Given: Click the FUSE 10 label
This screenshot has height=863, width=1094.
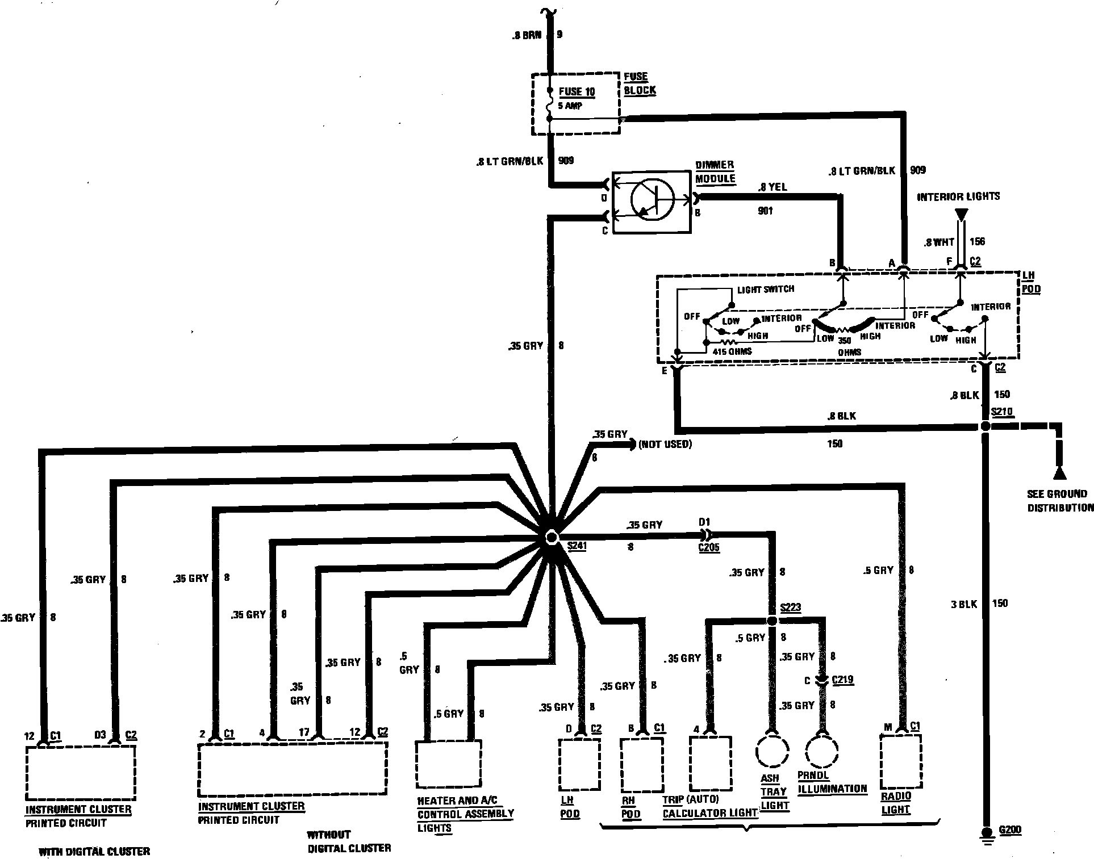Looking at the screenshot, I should click(577, 91).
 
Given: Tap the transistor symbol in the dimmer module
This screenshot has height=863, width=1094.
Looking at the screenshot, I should click(652, 200).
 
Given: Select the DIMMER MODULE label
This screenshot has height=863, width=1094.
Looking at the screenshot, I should click(715, 171).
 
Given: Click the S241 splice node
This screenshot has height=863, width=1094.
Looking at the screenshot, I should click(550, 537).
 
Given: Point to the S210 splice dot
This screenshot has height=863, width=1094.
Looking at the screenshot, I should click(985, 426).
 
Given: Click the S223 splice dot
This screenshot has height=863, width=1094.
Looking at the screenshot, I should click(771, 621).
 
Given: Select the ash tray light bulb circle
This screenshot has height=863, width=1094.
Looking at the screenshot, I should click(772, 751).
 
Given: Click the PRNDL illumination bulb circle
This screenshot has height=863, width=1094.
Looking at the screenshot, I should click(821, 751).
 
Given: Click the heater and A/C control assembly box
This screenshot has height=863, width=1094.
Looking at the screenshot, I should click(448, 764).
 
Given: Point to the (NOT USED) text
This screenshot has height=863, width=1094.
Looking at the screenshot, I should click(665, 444).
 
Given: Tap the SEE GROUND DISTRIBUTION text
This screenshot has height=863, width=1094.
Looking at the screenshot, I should click(1060, 501).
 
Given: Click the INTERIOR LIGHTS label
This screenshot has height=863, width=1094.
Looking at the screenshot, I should click(958, 196).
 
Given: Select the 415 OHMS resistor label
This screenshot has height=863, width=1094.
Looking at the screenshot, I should click(732, 351).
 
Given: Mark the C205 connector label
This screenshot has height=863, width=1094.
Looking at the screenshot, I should click(708, 547).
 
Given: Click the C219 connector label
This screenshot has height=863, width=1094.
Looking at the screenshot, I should click(842, 680).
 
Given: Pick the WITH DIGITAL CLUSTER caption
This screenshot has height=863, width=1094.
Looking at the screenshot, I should click(94, 851).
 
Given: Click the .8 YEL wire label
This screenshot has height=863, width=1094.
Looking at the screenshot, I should click(773, 187).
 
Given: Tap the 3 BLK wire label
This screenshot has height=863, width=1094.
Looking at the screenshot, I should click(964, 604).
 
